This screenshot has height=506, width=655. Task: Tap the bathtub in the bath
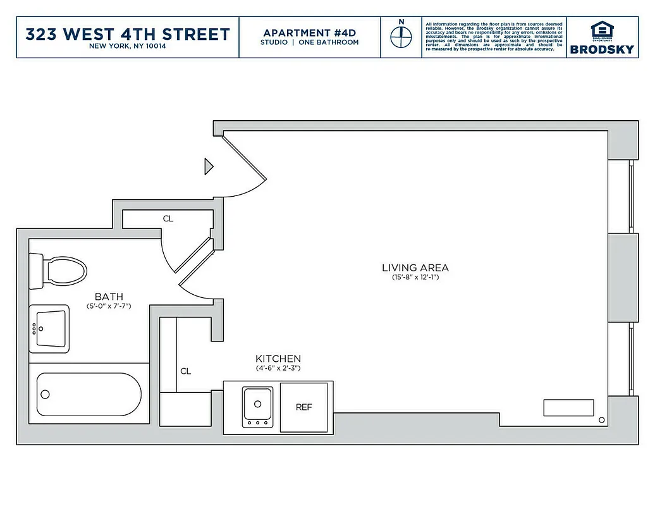coord(89,393)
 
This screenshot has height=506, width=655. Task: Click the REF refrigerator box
coord(304,407)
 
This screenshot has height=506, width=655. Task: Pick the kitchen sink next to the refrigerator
coord(257,405)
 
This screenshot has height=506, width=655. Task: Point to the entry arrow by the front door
coord(208,166)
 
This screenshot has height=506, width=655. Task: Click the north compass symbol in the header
coord(400,37)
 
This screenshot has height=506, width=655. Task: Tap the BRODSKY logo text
coord(602,49)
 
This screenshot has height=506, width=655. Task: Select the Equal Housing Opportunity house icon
coord(601,30)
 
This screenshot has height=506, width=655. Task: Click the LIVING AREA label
coord(415,268)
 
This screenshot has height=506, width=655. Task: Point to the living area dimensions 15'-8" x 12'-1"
coord(415,278)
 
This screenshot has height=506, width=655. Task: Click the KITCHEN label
coord(278,359)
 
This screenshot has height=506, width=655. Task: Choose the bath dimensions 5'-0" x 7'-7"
coord(109,306)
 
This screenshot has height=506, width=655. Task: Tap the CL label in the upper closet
coord(168,219)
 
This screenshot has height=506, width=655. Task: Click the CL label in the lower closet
coord(185,371)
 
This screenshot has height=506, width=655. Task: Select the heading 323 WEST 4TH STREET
coord(128,34)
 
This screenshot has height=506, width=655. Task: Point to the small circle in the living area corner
coord(601,420)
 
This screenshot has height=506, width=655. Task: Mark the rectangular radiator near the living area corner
coord(568,408)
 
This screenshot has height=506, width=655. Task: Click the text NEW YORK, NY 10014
coord(128,47)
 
